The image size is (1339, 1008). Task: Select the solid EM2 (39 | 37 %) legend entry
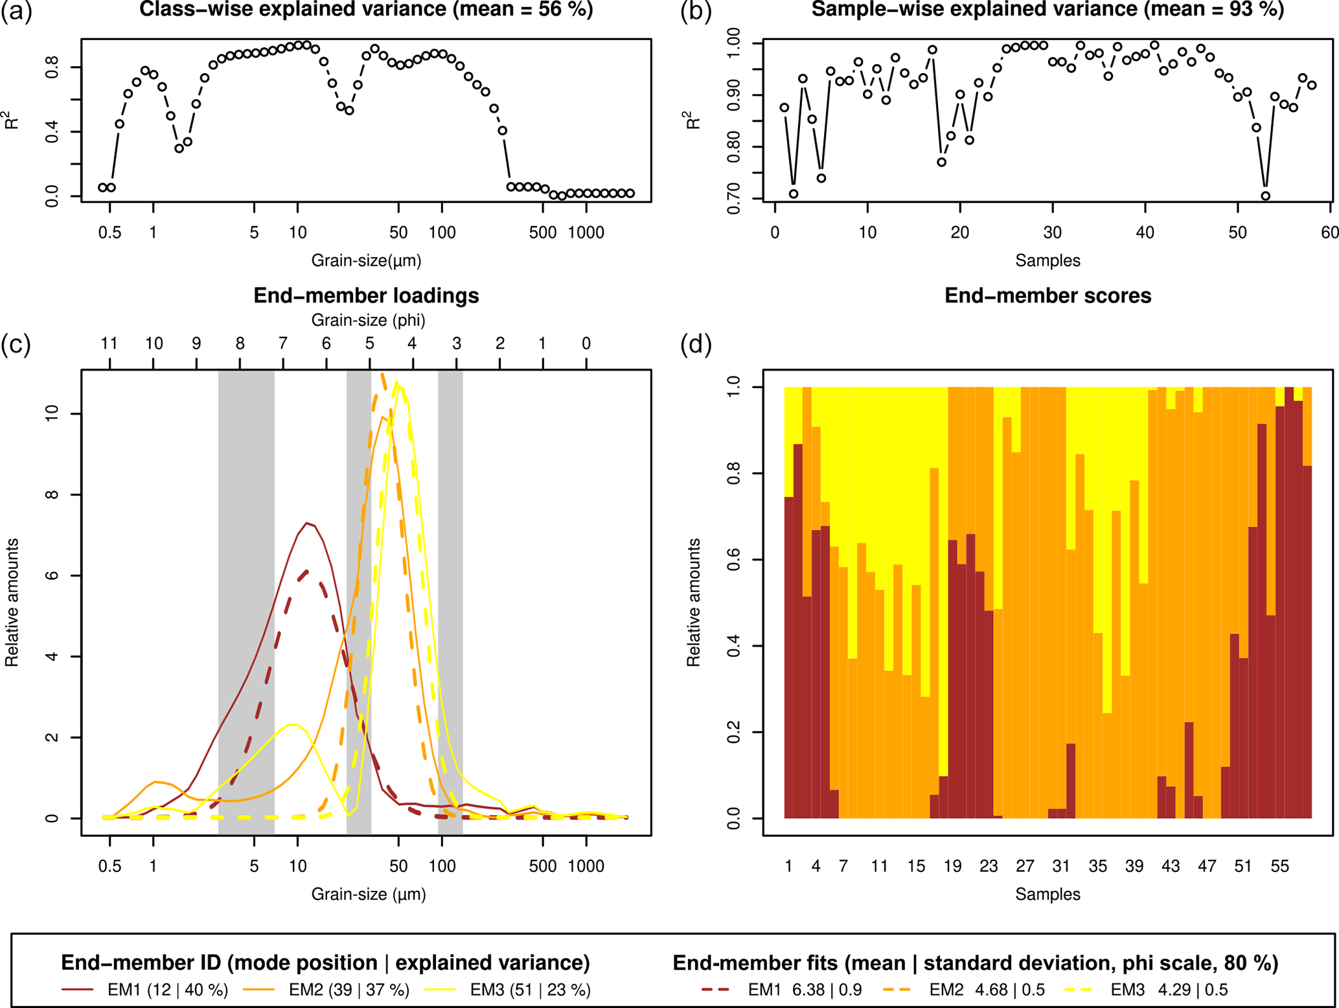[326, 990]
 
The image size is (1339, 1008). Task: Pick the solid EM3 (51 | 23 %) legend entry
[508, 990]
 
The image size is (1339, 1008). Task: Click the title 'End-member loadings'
[366, 296]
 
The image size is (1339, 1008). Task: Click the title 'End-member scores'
[1047, 296]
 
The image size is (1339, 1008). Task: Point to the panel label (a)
[16, 12]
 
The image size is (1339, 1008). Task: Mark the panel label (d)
[696, 344]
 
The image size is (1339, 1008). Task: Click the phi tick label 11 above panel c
[109, 344]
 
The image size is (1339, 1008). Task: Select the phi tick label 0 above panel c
[586, 344]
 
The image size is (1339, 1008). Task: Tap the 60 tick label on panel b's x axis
[1330, 232]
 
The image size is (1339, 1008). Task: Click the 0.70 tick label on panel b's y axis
[734, 199]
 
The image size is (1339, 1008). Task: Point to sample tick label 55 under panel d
[1279, 866]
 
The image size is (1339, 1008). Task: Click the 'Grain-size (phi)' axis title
[368, 320]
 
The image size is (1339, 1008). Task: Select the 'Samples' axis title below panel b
[1047, 260]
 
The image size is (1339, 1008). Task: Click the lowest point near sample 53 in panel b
[1265, 196]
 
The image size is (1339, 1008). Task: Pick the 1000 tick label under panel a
[586, 232]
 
